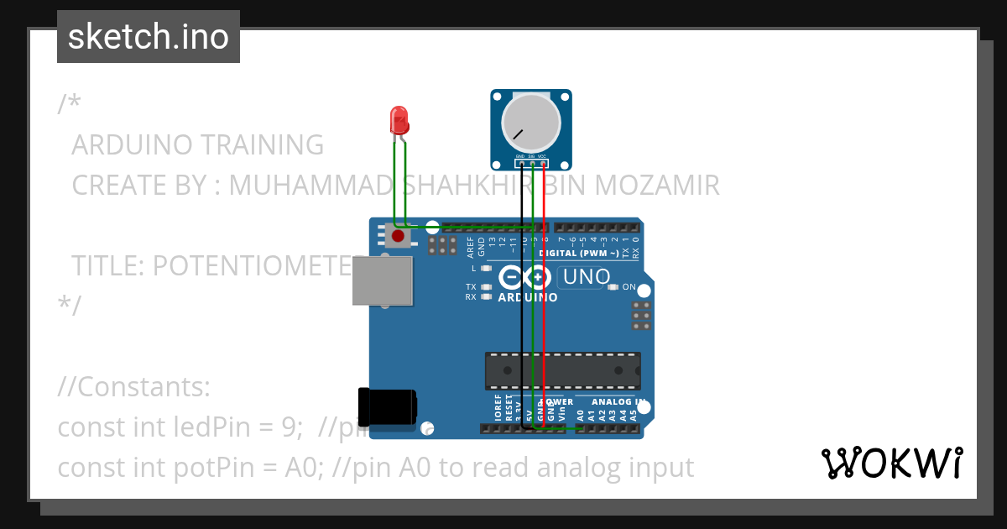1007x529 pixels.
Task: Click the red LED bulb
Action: pos(399,120)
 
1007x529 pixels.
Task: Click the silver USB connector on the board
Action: pos(383,280)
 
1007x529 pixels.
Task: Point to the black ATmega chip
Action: pos(562,370)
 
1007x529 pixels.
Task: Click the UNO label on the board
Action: pos(587,276)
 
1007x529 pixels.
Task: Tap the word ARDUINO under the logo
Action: pos(528,297)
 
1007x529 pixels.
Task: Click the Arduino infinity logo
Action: pos(524,277)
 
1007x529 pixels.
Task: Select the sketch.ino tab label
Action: pos(149,37)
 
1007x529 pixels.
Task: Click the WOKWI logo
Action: pos(891,463)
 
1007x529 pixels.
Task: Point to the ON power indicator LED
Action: pos(613,287)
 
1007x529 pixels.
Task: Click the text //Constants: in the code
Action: pos(133,387)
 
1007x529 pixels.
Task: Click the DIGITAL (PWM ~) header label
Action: pos(579,253)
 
